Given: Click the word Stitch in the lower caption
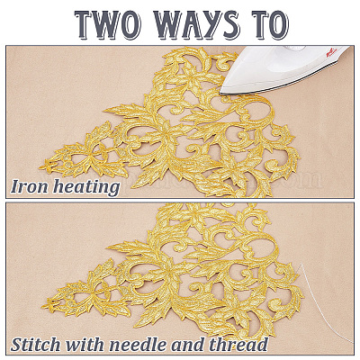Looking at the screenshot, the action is pyautogui.click(x=35, y=344).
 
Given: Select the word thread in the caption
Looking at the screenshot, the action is pyautogui.click(x=238, y=344).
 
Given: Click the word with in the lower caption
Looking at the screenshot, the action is pyautogui.click(x=85, y=344).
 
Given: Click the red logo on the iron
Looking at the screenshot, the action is pyautogui.click(x=331, y=53).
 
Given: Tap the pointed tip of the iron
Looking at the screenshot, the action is pyautogui.click(x=220, y=93).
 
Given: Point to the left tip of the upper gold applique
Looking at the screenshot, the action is pyautogui.click(x=40, y=166).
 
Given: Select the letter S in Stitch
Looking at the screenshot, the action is pyautogui.click(x=17, y=344).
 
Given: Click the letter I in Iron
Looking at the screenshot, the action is pyautogui.click(x=15, y=187).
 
